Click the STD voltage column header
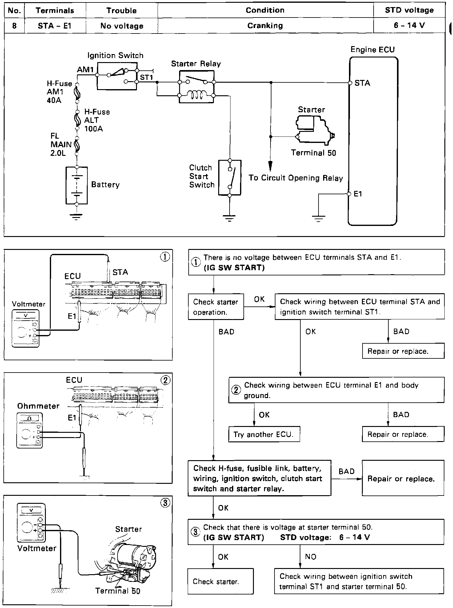(x=409, y=10)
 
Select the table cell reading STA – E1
(x=54, y=26)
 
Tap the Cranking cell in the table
(x=265, y=26)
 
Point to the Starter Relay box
(x=196, y=87)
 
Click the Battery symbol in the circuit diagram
(x=77, y=185)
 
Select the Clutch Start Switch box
(x=230, y=178)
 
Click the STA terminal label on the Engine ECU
(x=362, y=83)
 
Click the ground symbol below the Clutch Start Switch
(x=229, y=218)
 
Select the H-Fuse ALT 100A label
(x=97, y=120)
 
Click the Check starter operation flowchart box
(x=216, y=307)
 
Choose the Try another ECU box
(x=264, y=434)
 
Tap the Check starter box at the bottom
(x=220, y=581)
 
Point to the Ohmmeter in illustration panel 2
(x=30, y=430)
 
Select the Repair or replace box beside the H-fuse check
(x=403, y=479)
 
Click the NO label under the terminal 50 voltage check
(x=311, y=557)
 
